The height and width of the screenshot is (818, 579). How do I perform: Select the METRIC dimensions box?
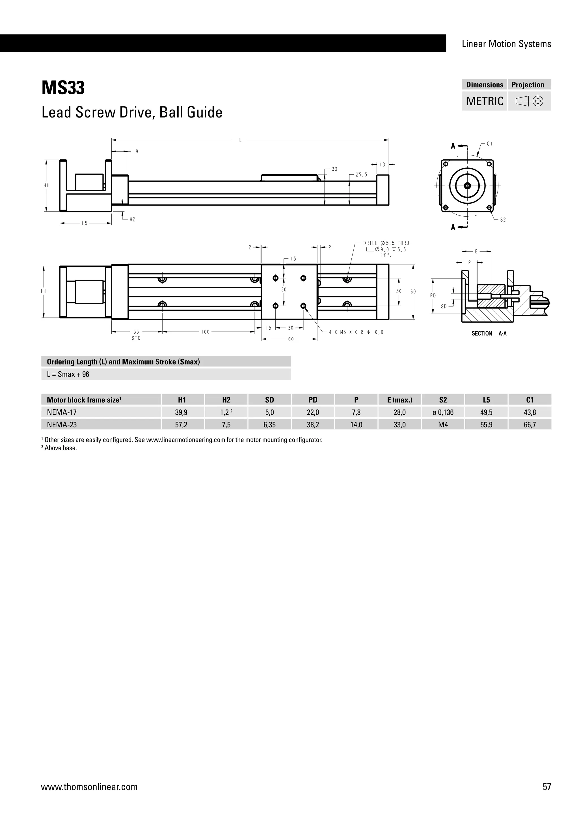pos(485,101)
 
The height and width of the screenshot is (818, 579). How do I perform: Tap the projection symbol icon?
pos(529,101)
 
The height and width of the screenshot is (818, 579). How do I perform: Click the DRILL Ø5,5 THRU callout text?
pos(386,243)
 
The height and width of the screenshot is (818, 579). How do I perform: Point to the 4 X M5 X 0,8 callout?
pos(356,332)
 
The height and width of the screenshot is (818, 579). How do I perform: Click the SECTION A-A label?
pos(489,334)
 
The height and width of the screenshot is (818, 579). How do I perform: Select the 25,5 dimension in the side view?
pos(361,175)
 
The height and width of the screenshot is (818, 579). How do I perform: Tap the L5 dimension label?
pos(85,223)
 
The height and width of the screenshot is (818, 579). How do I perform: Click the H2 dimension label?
pos(132,219)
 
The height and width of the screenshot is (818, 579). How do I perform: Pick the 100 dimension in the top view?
pos(205,332)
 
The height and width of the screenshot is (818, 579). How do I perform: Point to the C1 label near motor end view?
pos(489,144)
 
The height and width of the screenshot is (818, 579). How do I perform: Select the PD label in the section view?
pos(433,295)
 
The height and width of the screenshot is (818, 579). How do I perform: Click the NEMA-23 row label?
pos(62,425)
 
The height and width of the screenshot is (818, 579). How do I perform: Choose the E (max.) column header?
pos(399,400)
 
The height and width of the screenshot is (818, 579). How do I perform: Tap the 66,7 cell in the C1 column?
pos(530,425)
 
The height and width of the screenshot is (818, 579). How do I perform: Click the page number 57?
pos(547,787)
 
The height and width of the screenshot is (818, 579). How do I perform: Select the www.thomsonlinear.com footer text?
pos(89,787)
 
